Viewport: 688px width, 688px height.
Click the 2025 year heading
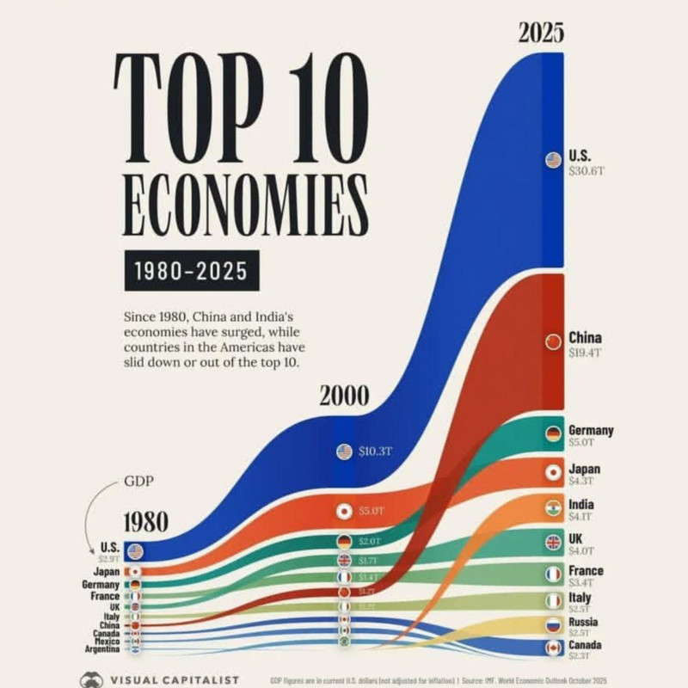point(541,33)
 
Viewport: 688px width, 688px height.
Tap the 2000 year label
point(344,396)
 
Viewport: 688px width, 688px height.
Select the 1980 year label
point(144,522)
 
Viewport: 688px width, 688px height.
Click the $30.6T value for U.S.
point(587,171)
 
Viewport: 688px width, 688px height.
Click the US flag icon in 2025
point(553,160)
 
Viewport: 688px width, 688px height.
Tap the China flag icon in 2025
point(553,342)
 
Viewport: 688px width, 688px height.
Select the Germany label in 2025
point(591,431)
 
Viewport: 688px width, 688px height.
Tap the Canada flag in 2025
point(553,648)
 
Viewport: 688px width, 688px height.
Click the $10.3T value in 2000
point(375,451)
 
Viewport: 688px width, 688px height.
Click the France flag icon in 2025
point(553,573)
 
